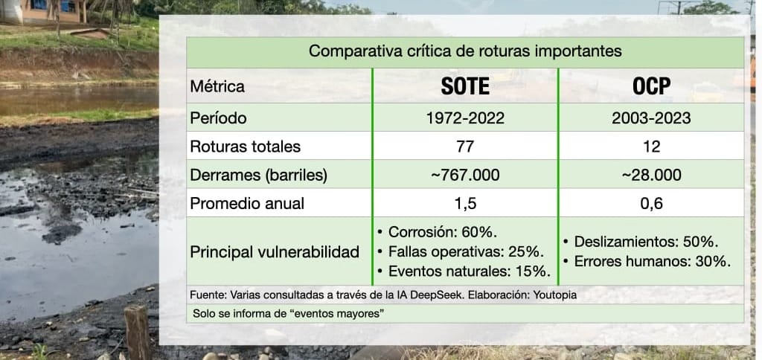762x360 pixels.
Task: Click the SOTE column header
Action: click(x=465, y=86)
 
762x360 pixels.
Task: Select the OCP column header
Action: click(x=651, y=86)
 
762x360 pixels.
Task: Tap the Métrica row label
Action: click(x=217, y=87)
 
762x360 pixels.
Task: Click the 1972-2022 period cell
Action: click(x=465, y=118)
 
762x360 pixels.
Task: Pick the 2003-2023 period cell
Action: click(x=651, y=118)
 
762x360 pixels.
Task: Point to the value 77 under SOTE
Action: click(x=465, y=147)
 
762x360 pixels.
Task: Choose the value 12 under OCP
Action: click(x=651, y=147)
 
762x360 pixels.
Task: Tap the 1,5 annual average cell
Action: click(x=465, y=204)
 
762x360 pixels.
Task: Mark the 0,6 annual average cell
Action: click(x=651, y=204)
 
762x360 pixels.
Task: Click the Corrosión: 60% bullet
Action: click(x=438, y=232)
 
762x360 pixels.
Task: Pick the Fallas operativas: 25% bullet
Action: click(x=461, y=251)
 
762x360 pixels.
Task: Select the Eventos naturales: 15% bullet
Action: click(x=464, y=271)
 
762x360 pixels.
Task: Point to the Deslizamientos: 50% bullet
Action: click(x=641, y=242)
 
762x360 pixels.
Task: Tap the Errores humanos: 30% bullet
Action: click(x=647, y=261)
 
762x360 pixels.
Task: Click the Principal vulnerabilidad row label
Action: click(x=275, y=252)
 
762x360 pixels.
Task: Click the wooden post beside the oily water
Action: click(x=137, y=332)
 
